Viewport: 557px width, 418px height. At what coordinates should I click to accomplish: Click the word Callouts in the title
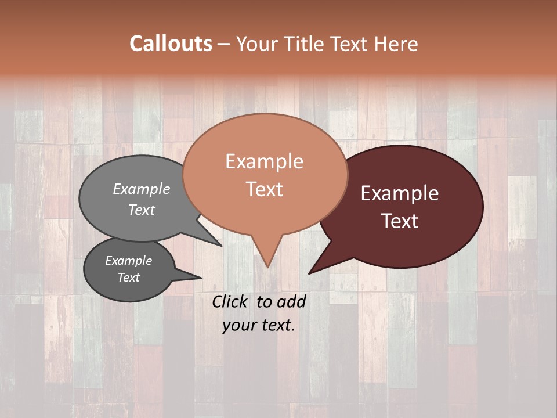pos(171,44)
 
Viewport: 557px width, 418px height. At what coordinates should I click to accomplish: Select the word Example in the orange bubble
pos(264,161)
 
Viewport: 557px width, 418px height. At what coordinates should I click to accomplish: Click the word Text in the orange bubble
pos(264,189)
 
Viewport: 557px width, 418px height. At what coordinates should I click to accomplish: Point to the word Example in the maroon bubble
pos(400,193)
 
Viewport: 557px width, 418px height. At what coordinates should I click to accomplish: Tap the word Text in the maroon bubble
pos(400,221)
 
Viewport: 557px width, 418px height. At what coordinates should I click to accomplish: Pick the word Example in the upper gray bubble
pos(142,189)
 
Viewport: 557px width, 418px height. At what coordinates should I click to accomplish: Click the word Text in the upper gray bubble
pos(142,210)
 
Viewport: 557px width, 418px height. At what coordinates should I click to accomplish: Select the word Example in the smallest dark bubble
pos(128,261)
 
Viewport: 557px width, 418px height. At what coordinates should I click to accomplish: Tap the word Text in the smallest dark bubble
pos(128,278)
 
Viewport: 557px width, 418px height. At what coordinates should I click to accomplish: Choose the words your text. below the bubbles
pos(259,326)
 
